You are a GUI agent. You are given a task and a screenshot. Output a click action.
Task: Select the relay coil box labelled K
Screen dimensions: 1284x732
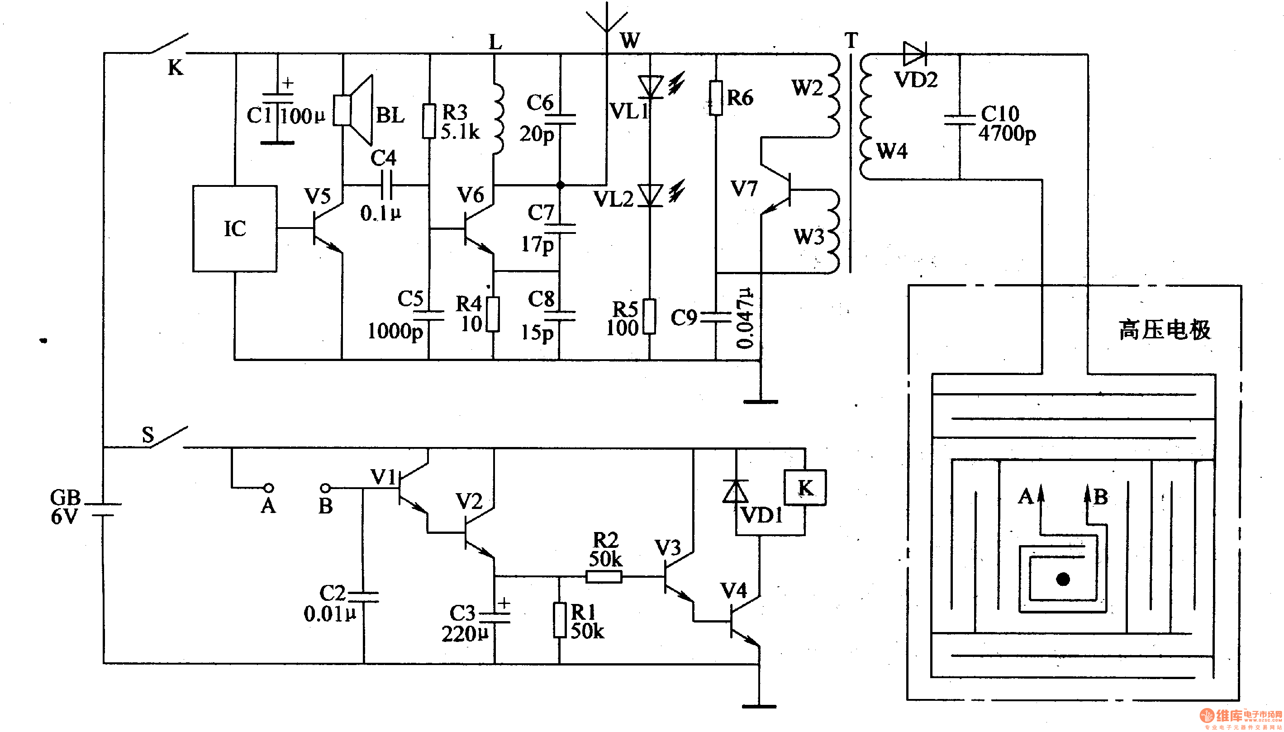pyautogui.click(x=805, y=488)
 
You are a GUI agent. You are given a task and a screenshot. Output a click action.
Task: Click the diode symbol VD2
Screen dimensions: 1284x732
pyautogui.click(x=915, y=54)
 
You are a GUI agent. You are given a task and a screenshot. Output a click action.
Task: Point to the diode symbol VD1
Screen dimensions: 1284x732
pyautogui.click(x=736, y=491)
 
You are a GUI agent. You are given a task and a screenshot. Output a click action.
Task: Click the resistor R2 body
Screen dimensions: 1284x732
pyautogui.click(x=604, y=576)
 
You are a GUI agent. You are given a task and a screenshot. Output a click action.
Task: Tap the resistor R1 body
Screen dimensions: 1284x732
pyautogui.click(x=560, y=620)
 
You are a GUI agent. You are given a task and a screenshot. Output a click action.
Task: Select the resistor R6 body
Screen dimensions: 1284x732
pyautogui.click(x=716, y=98)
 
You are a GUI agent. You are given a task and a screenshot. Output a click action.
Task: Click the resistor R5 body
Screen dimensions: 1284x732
pyautogui.click(x=650, y=316)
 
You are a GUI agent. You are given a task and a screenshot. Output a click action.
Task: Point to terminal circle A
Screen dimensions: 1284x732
pyautogui.click(x=269, y=488)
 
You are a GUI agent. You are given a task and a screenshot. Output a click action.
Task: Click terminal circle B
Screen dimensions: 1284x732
pyautogui.click(x=325, y=488)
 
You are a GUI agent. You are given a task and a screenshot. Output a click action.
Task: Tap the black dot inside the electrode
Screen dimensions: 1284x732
pyautogui.click(x=1063, y=579)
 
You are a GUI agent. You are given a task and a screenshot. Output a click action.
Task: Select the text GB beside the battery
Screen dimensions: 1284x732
pyautogui.click(x=65, y=497)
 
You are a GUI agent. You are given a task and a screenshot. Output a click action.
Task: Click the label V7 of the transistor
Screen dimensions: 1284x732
pyautogui.click(x=744, y=189)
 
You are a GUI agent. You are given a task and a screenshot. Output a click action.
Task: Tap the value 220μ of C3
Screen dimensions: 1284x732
pyautogui.click(x=465, y=634)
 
